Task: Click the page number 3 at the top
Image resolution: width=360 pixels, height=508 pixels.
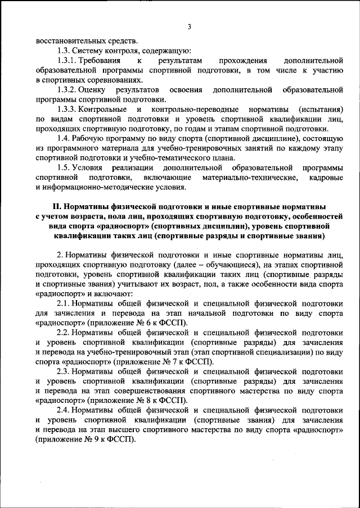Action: (190, 26)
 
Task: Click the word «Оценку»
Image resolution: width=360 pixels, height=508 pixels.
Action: (94, 89)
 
